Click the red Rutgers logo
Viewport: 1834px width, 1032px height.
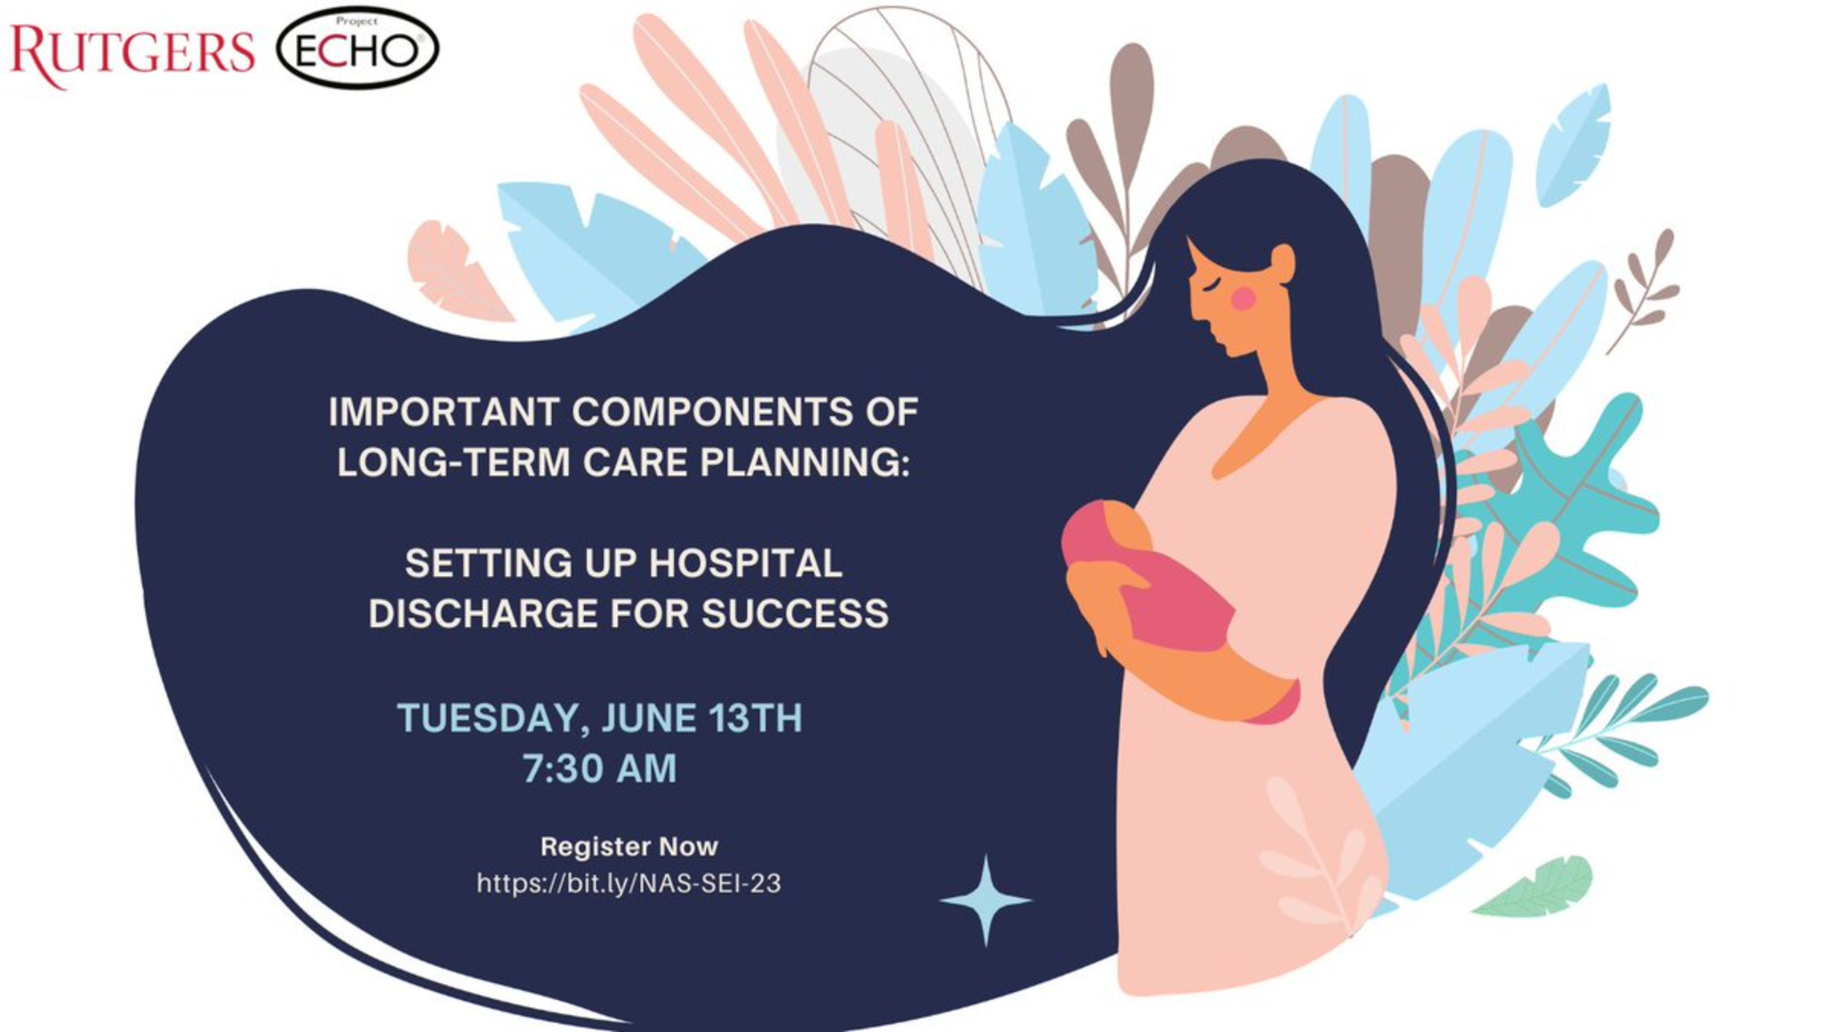click(x=132, y=53)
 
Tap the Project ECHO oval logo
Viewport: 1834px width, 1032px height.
click(x=358, y=48)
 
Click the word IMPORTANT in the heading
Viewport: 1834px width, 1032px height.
click(x=444, y=412)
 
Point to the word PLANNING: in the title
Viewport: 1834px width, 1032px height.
click(x=805, y=462)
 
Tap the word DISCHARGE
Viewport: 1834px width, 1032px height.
click(x=484, y=613)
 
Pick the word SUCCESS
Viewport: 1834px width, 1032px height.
click(x=795, y=613)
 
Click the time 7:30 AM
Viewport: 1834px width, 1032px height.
click(x=600, y=768)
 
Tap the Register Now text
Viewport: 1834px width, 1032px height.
click(x=629, y=847)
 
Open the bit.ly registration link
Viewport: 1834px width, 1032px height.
click(x=629, y=884)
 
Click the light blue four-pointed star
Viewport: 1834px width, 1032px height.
click(x=986, y=900)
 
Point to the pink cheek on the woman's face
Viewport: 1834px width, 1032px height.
click(x=1244, y=299)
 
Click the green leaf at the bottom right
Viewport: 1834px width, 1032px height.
click(x=1534, y=887)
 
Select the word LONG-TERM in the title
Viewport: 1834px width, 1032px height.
click(x=453, y=462)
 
